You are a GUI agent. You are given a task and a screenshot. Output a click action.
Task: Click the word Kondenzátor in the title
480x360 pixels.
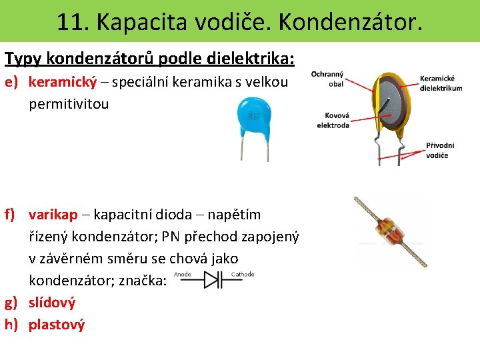pyautogui.click(x=349, y=21)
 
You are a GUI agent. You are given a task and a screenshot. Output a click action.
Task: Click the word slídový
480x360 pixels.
pyautogui.click(x=52, y=303)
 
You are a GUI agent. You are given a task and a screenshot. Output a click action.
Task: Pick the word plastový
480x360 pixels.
pyautogui.click(x=57, y=325)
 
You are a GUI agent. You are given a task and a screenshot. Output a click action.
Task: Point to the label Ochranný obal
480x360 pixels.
pyautogui.click(x=328, y=79)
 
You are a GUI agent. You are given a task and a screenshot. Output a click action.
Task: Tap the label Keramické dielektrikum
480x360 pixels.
pyautogui.click(x=441, y=83)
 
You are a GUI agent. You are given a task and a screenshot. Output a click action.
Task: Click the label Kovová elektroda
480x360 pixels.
pyautogui.click(x=333, y=120)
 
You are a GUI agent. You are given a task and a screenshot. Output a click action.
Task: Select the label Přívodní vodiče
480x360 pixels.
pyautogui.click(x=440, y=150)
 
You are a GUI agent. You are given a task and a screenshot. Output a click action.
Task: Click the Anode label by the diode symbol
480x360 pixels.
pyautogui.click(x=183, y=274)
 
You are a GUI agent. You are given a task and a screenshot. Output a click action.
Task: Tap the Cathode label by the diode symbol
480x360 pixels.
pyautogui.click(x=242, y=274)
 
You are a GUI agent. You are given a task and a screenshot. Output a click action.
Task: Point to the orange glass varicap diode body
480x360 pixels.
pyautogui.click(x=389, y=231)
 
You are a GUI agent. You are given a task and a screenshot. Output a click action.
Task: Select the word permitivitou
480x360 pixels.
pyautogui.click(x=69, y=105)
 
